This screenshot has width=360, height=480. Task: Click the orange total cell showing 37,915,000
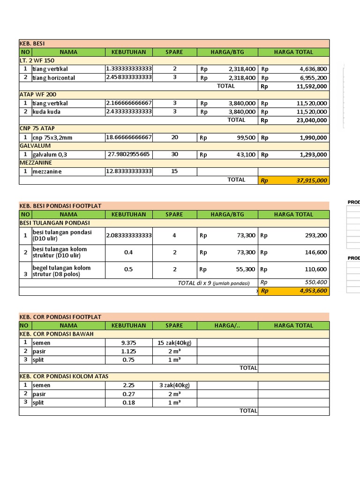(293, 180)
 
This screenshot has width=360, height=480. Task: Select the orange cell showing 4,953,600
(293, 291)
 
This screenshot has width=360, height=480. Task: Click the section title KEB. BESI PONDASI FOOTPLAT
(60, 206)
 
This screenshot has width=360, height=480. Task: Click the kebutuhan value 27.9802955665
(128, 154)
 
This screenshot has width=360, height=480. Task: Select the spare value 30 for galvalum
(174, 154)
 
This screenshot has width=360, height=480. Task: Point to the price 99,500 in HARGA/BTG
(227, 137)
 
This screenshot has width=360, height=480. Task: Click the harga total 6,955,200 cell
(293, 78)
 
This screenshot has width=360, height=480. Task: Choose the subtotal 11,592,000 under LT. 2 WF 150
(293, 87)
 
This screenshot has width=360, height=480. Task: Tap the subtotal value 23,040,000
(293, 120)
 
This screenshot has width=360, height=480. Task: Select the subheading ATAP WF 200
(37, 95)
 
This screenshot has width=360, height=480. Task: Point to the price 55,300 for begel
(227, 270)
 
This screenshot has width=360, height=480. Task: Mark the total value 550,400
(293, 283)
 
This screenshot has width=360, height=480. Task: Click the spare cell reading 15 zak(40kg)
(174, 343)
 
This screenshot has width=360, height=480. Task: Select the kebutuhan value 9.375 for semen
(128, 343)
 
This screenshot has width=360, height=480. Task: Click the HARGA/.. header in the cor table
(227, 325)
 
